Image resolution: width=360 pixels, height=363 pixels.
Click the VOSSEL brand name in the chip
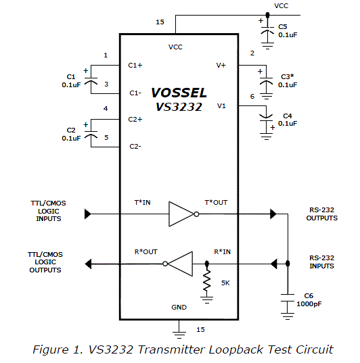point(179,93)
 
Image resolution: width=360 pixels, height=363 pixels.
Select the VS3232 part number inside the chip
point(178,107)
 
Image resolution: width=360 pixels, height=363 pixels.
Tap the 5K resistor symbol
point(206,280)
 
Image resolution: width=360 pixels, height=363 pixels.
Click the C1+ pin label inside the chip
point(135,66)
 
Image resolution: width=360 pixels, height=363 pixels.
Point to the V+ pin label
point(221,66)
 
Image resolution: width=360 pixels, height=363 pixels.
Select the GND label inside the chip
point(179,307)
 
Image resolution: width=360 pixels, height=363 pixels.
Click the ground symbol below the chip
point(179,331)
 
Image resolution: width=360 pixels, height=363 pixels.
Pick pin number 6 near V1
point(252,97)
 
